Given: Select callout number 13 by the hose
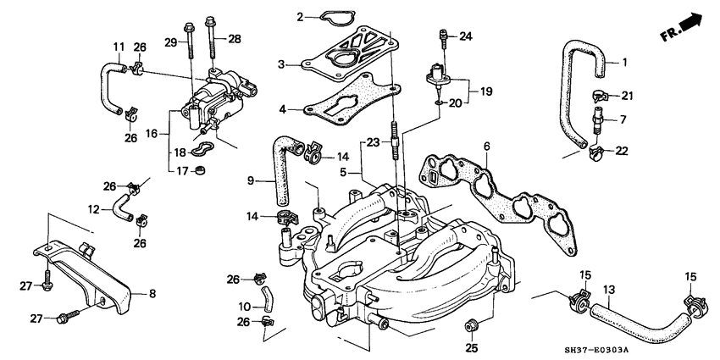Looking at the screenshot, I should tap(607, 290).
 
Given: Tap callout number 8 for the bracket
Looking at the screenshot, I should tap(153, 294).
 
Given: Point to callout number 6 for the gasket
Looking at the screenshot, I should tap(486, 147).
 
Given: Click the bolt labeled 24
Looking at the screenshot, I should tap(441, 36).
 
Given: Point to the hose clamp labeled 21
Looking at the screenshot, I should tap(600, 94).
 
